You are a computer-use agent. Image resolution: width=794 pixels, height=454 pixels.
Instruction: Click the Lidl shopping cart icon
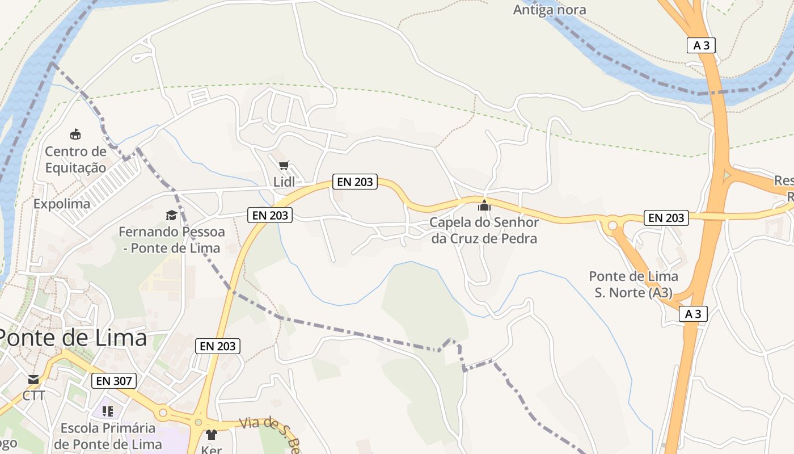click(x=284, y=166)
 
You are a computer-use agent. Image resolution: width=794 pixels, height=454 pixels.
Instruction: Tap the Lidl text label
click(x=284, y=182)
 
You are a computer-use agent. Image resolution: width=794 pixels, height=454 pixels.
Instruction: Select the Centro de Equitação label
click(x=75, y=159)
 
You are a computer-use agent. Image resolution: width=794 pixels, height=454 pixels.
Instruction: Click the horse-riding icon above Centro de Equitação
click(x=75, y=134)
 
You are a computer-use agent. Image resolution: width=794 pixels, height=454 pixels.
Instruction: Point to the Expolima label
click(x=62, y=204)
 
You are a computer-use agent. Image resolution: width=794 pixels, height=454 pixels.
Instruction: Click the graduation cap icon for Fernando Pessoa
click(x=171, y=215)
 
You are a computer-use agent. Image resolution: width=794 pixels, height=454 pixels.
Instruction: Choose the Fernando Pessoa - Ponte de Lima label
click(x=171, y=239)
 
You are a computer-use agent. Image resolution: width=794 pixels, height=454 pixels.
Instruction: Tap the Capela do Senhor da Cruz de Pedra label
click(x=484, y=230)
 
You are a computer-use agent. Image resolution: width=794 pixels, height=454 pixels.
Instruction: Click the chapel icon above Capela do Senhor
click(x=484, y=205)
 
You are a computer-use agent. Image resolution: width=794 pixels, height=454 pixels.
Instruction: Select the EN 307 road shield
click(x=114, y=381)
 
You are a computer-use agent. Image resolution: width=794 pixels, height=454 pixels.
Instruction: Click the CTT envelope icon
click(x=33, y=379)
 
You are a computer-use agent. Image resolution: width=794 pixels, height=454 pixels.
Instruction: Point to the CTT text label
click(x=33, y=395)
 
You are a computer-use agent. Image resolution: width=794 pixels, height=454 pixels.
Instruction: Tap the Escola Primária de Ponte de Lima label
click(x=108, y=436)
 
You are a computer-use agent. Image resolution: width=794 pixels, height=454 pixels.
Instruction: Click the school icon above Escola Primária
click(x=108, y=411)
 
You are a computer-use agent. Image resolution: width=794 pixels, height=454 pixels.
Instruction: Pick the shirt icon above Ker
click(x=212, y=435)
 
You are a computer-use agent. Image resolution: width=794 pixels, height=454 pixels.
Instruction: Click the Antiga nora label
click(x=550, y=10)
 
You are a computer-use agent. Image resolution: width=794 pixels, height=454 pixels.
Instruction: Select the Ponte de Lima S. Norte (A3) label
click(x=633, y=284)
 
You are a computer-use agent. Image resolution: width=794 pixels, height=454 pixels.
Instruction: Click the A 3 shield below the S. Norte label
click(x=693, y=314)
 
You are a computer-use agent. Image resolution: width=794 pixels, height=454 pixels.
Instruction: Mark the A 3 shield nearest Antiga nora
click(x=701, y=45)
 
